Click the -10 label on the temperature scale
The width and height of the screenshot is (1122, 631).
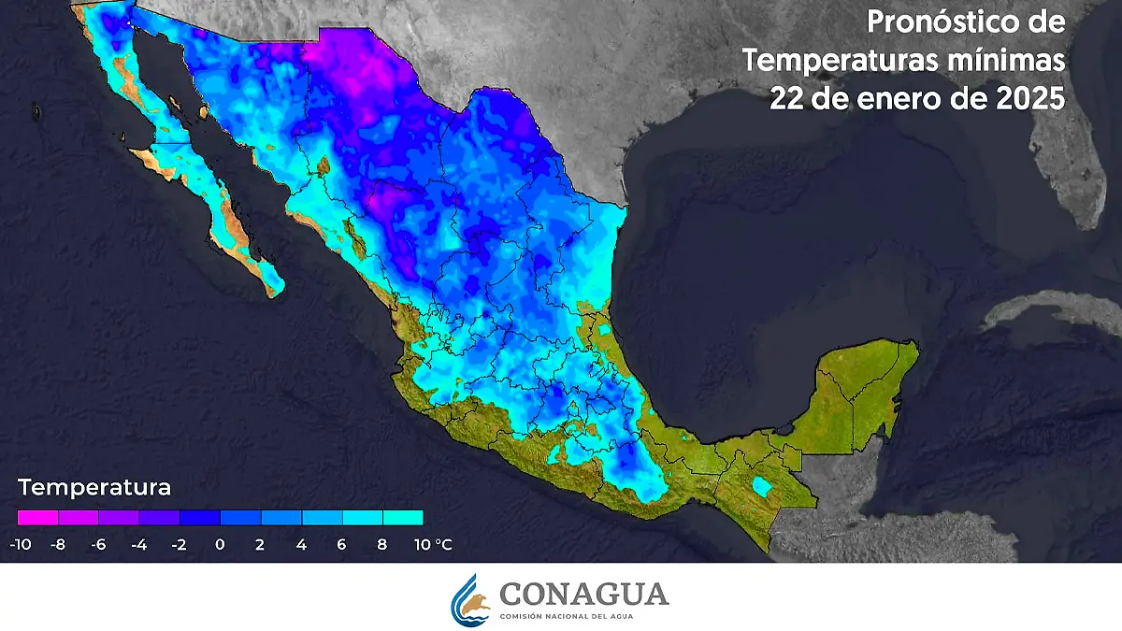pos(18,544)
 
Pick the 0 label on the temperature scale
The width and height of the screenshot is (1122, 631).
pos(220,544)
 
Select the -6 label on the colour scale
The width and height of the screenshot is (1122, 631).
pos(98,544)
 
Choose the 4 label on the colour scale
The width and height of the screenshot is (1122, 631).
pos(301,544)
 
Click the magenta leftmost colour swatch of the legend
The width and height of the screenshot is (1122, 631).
pos(37,517)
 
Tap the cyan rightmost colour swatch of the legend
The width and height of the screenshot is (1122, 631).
pos(403,517)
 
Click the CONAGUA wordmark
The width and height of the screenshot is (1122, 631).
pos(583,595)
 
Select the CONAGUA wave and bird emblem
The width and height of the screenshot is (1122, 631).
pos(470,599)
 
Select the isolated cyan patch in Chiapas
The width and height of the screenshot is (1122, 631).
pos(763,487)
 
